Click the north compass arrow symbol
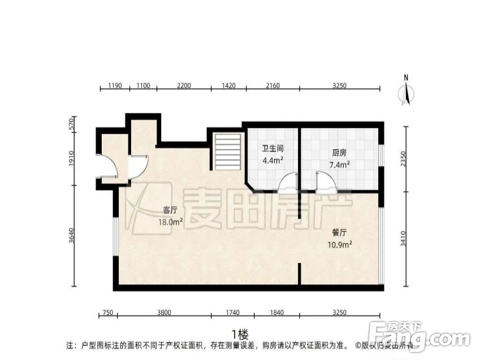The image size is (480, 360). tap(406, 92)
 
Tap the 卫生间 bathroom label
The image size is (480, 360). tap(272, 149)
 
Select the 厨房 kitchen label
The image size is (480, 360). tap(339, 152)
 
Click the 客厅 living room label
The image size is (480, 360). tap(170, 210)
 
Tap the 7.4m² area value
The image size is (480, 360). tap(339, 164)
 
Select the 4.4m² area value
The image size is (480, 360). tap(272, 161)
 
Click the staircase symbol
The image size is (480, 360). tap(228, 151)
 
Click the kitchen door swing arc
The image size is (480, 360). tap(326, 182)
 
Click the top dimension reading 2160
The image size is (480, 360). tap(273, 86)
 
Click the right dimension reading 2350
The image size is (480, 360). tap(403, 158)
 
